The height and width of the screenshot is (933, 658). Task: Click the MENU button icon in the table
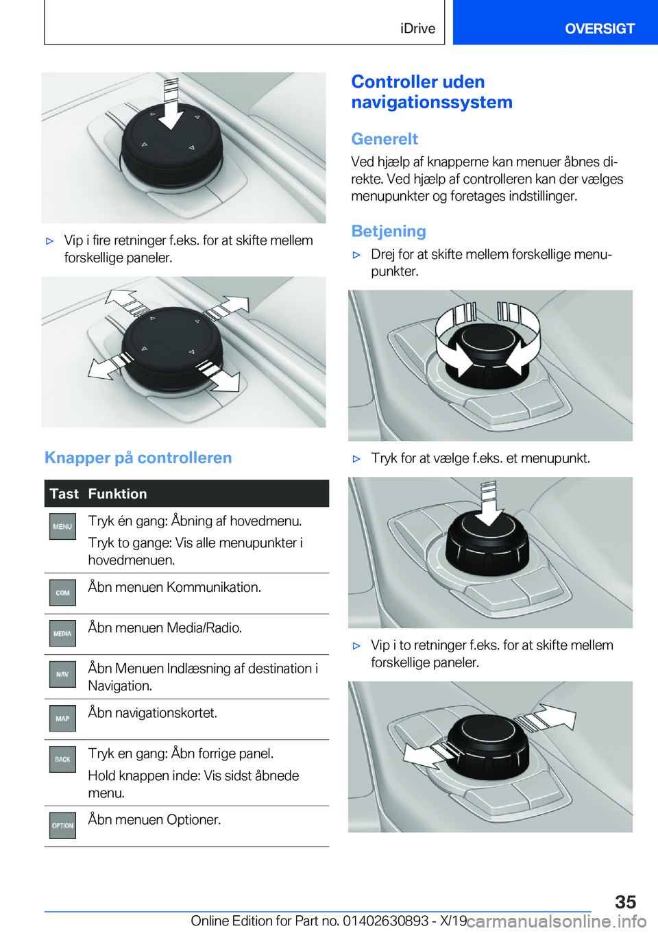[x=62, y=527]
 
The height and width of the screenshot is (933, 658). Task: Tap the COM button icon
[x=62, y=593]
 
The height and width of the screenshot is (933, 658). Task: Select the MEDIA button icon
[x=62, y=633]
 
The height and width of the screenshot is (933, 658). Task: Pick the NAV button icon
[x=62, y=674]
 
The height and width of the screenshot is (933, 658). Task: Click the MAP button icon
[x=62, y=718]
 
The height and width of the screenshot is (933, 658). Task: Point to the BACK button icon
[x=62, y=759]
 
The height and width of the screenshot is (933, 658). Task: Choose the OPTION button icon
[x=62, y=825]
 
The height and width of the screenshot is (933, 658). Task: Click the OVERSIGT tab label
[x=600, y=28]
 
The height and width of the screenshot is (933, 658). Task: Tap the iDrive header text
[x=417, y=28]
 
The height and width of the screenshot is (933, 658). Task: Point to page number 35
[x=626, y=901]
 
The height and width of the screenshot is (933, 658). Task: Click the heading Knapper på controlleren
[x=138, y=458]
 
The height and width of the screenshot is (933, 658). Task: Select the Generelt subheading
[x=385, y=138]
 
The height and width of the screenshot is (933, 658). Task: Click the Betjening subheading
[x=389, y=231]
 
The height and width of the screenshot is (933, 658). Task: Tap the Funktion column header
[x=117, y=494]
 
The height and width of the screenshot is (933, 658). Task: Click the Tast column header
[x=64, y=494]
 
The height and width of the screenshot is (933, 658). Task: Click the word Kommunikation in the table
[x=214, y=587]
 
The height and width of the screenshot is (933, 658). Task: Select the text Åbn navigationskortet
[x=153, y=712]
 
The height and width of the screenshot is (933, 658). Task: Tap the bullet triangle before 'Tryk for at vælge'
[x=356, y=459]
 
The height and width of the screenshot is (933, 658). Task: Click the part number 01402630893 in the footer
[x=385, y=920]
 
